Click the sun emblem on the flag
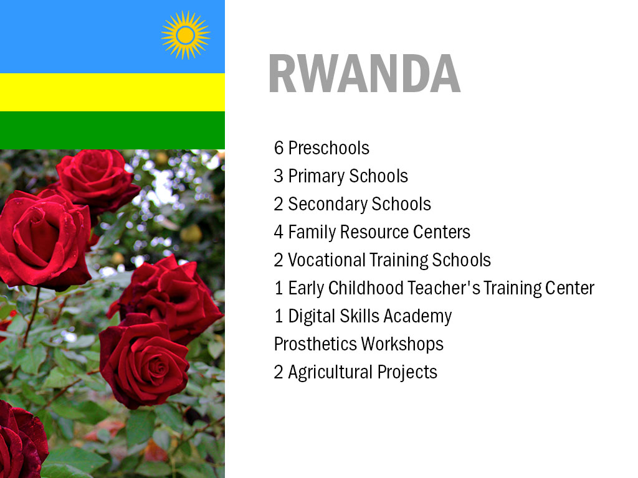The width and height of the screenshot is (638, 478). coord(186,35)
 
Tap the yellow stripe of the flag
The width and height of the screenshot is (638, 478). coord(112,92)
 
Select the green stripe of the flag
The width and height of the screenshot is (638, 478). coord(112,130)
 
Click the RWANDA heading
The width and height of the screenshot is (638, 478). coord(364,73)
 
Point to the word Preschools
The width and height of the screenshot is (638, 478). coord(329,148)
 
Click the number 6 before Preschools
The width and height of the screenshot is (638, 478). coord(279,148)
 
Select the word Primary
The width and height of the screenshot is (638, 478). coord(316,176)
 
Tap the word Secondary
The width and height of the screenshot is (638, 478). coord(328,204)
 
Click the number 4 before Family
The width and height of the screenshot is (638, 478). coord(279,232)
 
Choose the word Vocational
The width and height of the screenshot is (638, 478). coord(326,260)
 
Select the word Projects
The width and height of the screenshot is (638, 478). coord(407,373)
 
